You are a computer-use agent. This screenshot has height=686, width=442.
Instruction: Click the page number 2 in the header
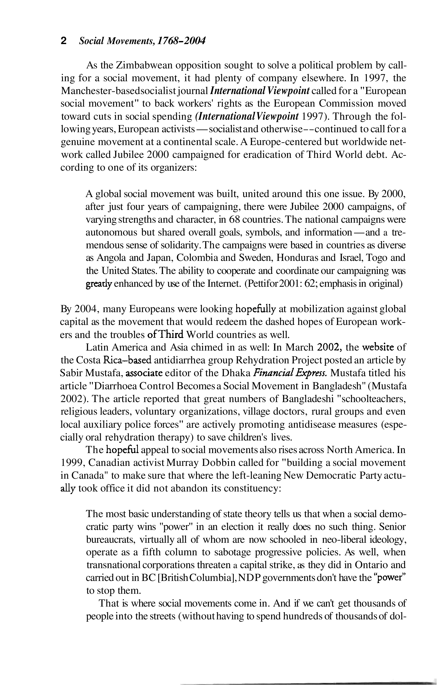(64, 41)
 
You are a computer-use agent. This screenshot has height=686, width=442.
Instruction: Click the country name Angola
(112, 258)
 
